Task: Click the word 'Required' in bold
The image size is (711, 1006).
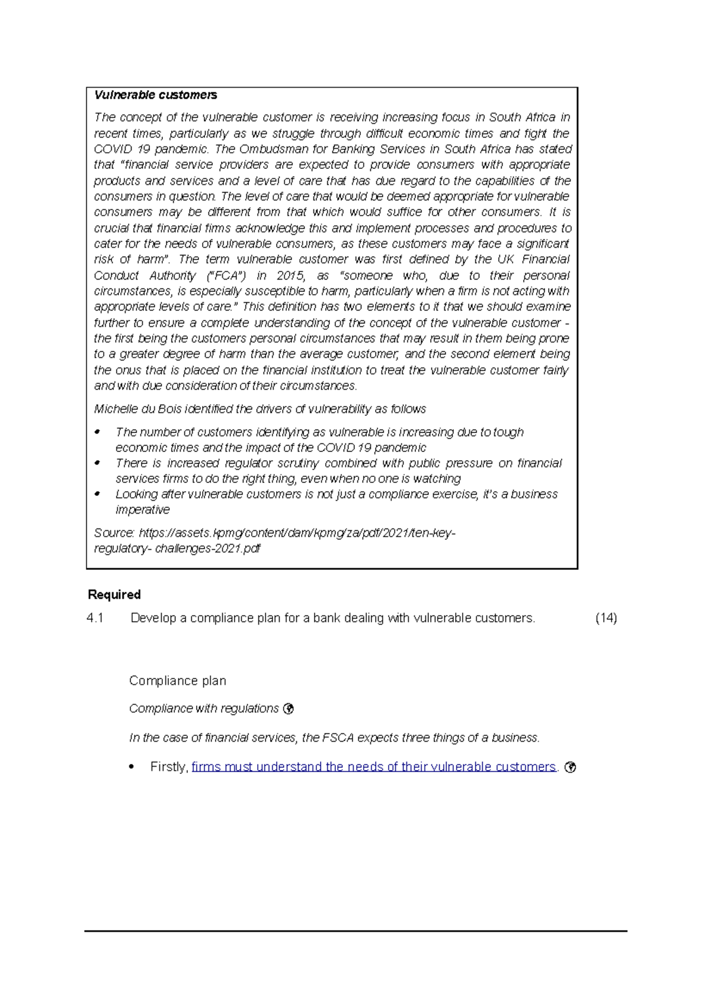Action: click(x=114, y=595)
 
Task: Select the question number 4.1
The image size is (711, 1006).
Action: click(x=95, y=619)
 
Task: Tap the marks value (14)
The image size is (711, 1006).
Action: click(x=606, y=619)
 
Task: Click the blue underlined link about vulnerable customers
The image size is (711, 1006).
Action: click(x=374, y=767)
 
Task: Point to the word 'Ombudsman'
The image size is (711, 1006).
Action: click(x=270, y=149)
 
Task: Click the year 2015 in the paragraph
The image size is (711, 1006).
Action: click(x=290, y=275)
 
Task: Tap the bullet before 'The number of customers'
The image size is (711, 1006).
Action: click(x=98, y=432)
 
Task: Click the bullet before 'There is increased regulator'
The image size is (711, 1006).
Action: click(x=98, y=463)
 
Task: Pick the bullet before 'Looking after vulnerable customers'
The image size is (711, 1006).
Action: click(x=98, y=494)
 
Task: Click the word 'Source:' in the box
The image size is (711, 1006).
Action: click(x=114, y=533)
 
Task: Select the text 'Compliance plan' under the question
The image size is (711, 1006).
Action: click(x=178, y=681)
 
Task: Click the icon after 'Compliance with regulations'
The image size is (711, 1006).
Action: click(x=289, y=709)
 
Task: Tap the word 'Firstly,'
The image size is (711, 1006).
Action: click(x=169, y=767)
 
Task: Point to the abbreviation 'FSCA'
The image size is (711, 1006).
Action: click(x=338, y=738)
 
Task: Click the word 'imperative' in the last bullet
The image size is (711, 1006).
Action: click(x=143, y=510)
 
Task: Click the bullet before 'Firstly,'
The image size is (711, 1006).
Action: click(x=132, y=767)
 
